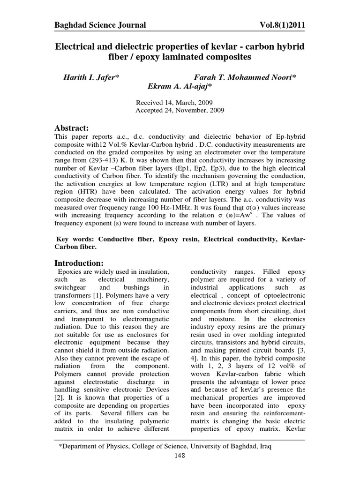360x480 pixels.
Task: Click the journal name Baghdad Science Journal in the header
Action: tap(100, 25)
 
